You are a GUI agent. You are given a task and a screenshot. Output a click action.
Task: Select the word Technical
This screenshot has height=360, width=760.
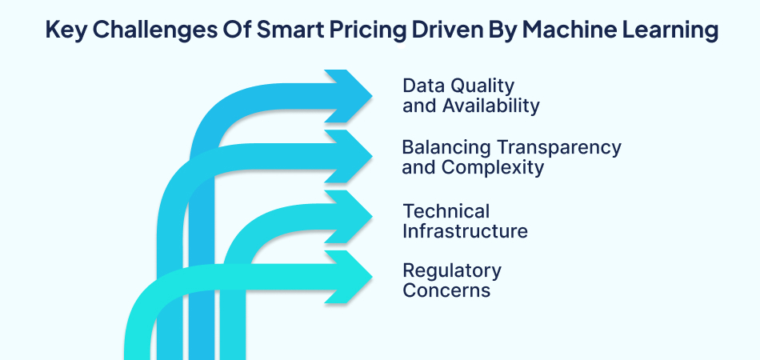[x=446, y=211]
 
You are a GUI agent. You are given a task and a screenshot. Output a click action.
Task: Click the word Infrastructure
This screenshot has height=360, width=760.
[x=465, y=232]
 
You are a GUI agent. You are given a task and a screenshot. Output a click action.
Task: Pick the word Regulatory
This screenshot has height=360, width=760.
[x=452, y=270]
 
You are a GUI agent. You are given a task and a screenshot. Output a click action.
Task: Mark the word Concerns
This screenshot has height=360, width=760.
[x=446, y=290]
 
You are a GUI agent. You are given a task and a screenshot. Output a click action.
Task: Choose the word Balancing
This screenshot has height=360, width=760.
[x=446, y=147]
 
